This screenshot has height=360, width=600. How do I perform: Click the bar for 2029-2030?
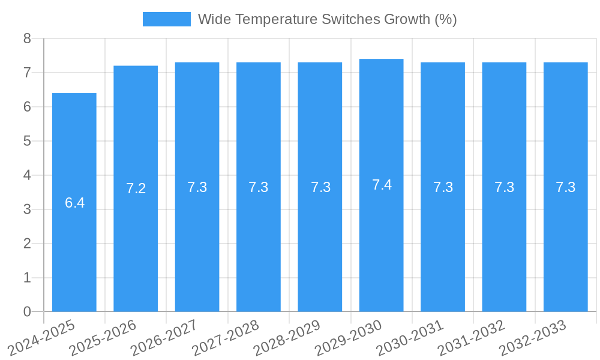[382, 240]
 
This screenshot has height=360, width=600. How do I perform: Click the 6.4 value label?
[75, 203]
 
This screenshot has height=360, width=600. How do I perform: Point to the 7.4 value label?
[382, 185]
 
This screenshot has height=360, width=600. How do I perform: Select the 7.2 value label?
[136, 188]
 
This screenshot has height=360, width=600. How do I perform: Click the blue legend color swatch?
[166, 19]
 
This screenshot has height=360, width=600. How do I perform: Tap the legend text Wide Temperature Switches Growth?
[327, 19]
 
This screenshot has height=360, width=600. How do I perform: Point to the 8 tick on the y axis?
[27, 39]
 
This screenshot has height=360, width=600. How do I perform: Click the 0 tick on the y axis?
[27, 311]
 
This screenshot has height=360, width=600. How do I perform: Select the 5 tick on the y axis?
[27, 141]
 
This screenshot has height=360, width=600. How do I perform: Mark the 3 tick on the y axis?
[27, 209]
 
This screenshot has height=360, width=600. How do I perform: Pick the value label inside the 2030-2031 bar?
[443, 187]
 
